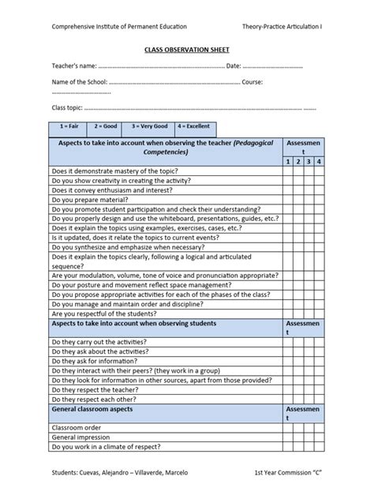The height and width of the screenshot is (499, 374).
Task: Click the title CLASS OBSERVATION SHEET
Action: tap(187, 48)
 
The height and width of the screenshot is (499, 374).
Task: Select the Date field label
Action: tap(234, 66)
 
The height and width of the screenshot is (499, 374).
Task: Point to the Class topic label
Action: tap(67, 107)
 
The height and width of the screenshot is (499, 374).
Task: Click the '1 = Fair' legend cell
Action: tap(69, 126)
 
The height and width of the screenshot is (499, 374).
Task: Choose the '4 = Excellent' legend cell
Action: tap(193, 126)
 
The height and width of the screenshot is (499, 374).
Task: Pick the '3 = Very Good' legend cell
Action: tap(150, 126)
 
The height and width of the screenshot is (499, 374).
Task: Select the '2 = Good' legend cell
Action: tap(107, 126)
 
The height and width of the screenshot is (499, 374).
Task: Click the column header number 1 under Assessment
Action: tap(289, 161)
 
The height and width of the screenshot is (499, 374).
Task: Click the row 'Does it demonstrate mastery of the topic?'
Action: tap(114, 171)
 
